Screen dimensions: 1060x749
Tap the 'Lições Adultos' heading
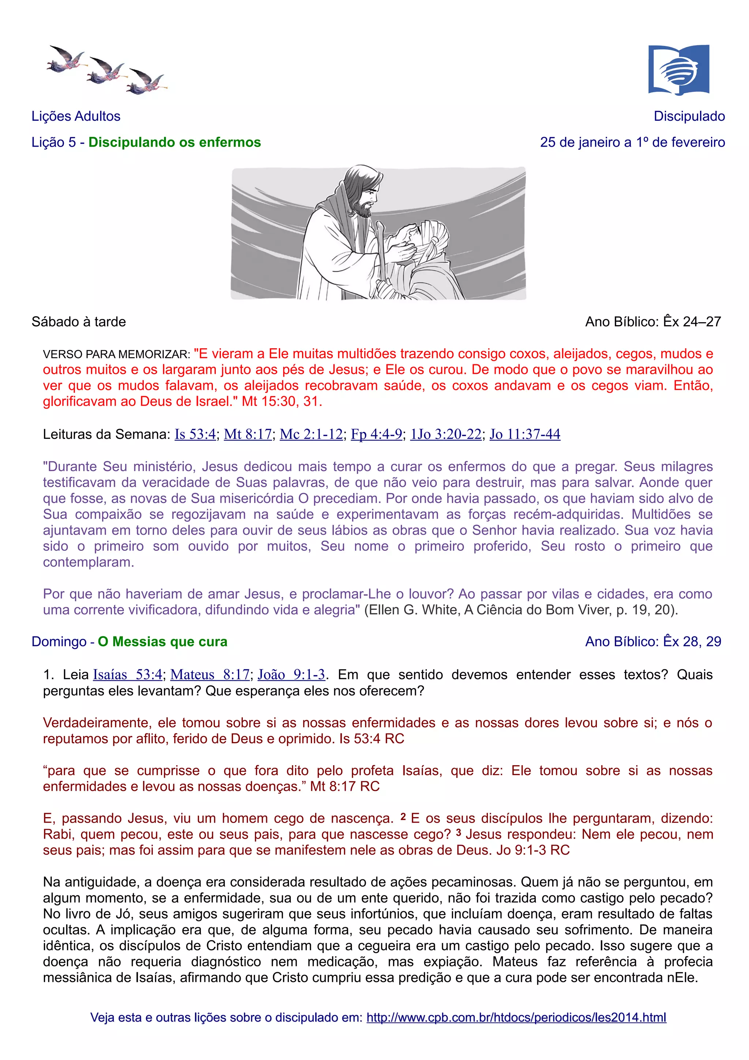76,116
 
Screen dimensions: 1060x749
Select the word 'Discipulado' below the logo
689,116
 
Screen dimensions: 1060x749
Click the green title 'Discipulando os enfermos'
174,142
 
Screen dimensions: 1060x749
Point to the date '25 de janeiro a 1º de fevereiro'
632,142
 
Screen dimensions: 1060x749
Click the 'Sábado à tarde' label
79,322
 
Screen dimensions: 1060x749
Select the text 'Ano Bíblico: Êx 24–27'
652,322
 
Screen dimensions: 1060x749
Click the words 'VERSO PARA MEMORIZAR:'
116,354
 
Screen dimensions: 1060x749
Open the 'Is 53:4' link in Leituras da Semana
195,435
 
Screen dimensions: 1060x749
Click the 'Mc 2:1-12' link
311,435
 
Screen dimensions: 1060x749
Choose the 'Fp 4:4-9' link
376,435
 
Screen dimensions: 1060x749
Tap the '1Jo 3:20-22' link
445,435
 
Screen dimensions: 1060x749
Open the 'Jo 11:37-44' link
525,435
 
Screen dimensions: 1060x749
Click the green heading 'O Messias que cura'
162,642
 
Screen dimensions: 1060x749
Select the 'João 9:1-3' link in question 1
291,675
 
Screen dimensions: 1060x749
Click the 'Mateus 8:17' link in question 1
210,675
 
